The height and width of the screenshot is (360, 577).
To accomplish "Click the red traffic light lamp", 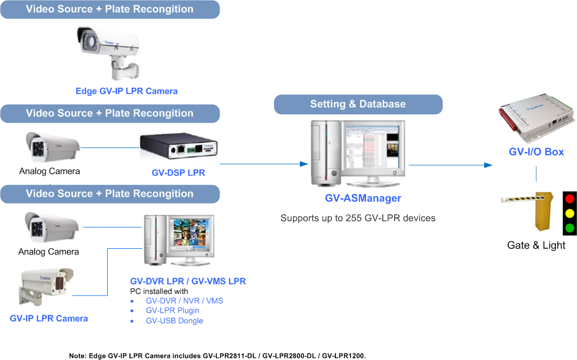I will coord(569,199).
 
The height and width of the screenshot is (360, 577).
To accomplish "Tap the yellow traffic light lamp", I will coord(569,213).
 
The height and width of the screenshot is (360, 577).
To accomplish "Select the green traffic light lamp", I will coord(569,228).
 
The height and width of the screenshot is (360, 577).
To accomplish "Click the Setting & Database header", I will coord(358,104).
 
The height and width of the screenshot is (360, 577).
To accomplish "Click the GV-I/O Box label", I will coord(536,152).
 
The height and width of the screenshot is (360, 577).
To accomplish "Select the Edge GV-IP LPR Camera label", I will coord(127,91).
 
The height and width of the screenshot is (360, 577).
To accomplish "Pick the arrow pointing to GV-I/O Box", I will coord(488,165).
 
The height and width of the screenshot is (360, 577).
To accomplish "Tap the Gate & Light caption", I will coord(536,245).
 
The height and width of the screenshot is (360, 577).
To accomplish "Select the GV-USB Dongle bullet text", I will coord(174,321).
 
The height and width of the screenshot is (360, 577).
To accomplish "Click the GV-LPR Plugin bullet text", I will coord(172,311).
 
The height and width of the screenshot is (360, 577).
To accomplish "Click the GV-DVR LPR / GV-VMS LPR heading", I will coord(188,281).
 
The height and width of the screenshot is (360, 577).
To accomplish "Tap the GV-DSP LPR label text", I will coord(178,173).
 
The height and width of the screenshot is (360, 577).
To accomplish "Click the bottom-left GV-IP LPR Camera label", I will coord(49,319).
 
